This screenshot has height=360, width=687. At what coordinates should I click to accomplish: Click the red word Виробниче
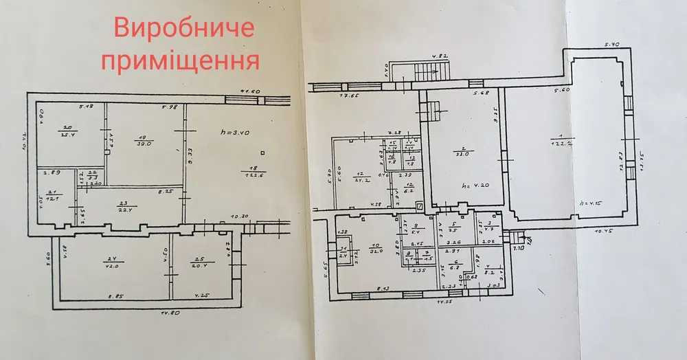pos(183,29)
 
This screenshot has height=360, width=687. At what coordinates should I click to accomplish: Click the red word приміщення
pos(180,61)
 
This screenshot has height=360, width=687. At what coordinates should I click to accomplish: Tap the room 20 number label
pos(68,128)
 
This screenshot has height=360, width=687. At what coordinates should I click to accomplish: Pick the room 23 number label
pos(124,203)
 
